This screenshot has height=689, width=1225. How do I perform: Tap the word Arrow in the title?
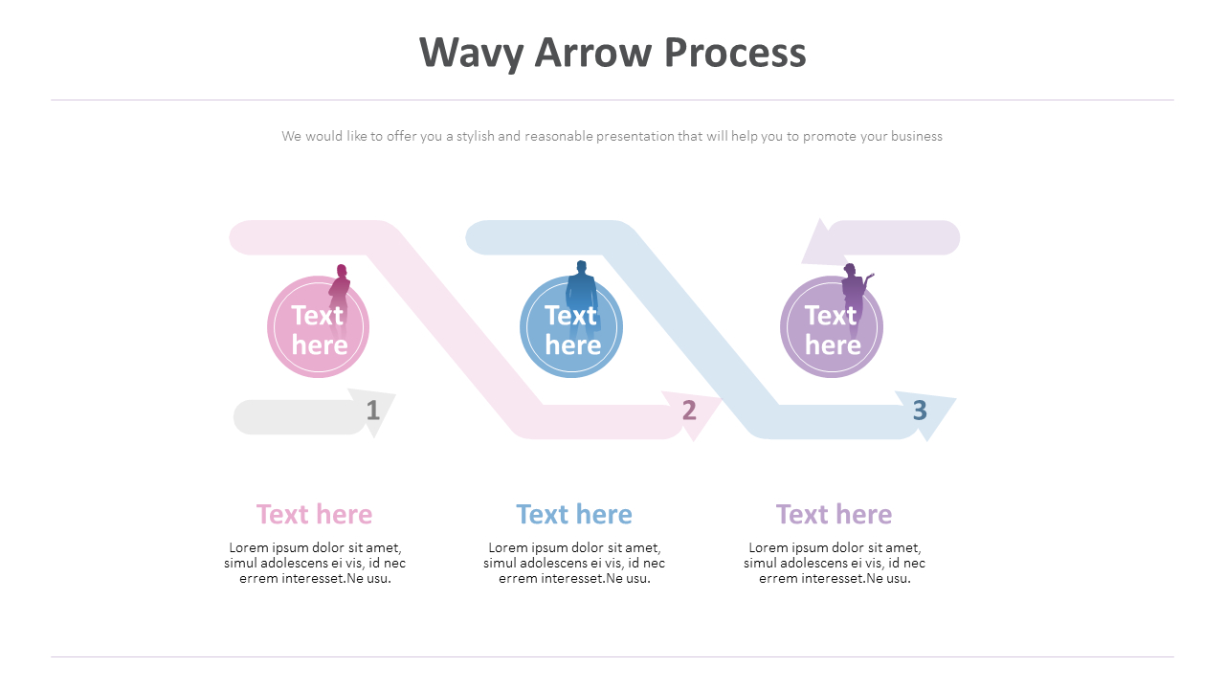594,53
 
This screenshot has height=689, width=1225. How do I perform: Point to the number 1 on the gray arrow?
373,411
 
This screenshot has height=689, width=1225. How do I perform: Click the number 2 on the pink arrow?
689,411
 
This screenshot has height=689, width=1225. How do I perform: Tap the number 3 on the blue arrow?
920,410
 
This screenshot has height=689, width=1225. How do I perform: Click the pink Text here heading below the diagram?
314,515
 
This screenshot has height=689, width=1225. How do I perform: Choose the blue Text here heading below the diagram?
574,515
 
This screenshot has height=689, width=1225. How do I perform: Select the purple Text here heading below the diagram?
834,515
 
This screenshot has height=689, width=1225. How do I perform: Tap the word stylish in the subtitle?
475,136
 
